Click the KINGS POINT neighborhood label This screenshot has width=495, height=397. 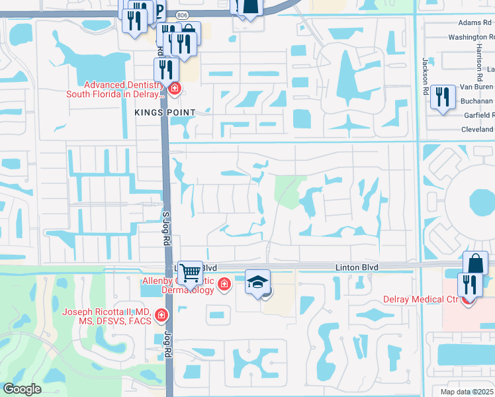(x=165, y=113)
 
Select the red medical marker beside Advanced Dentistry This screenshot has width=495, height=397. (x=175, y=89)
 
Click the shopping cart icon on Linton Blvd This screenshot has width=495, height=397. (x=190, y=271)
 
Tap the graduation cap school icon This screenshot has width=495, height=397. (x=257, y=283)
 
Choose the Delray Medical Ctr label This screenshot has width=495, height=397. (x=421, y=299)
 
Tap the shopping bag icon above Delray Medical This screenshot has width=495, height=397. (x=475, y=263)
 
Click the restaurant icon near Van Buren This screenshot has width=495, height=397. (x=441, y=97)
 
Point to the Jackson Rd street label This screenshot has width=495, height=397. (x=426, y=74)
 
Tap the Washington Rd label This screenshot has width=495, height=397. (x=471, y=37)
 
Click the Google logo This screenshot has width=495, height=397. (x=22, y=389)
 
